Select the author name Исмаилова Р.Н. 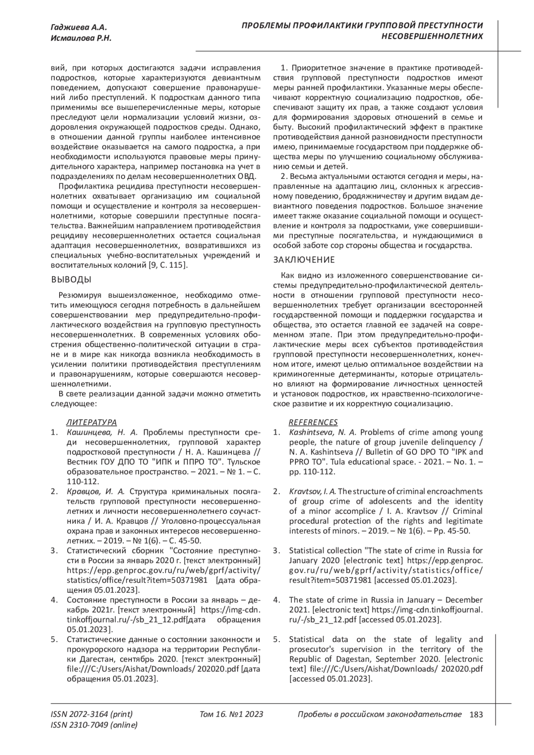click(x=81, y=38)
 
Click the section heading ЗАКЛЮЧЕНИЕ click(x=303, y=259)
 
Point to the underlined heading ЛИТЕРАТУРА click(x=92, y=422)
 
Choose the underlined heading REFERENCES click(x=313, y=422)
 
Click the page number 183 click(x=476, y=715)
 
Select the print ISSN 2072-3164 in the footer click(x=92, y=715)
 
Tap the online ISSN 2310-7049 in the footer click(x=94, y=725)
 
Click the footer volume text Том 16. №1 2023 click(x=231, y=715)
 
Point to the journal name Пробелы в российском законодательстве click(x=379, y=715)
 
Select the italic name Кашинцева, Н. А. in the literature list click(x=103, y=432)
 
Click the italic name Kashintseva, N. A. click(x=324, y=432)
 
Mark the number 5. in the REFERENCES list click(x=277, y=639)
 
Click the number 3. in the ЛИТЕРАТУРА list click(x=55, y=551)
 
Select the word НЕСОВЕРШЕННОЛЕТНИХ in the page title click(x=433, y=36)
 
